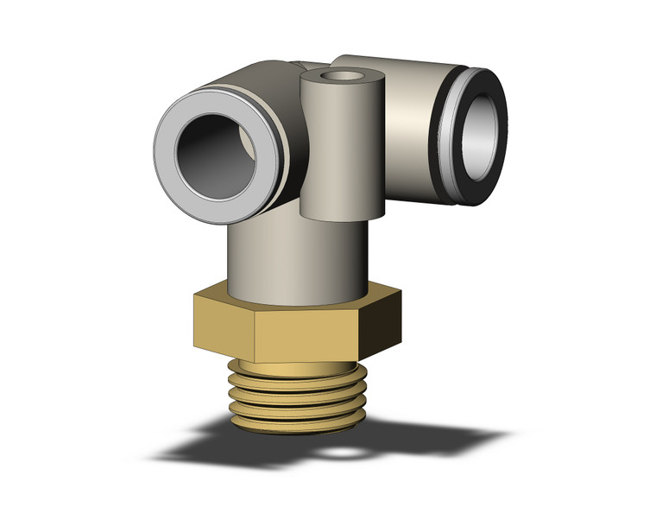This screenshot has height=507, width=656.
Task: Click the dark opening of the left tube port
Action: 214,147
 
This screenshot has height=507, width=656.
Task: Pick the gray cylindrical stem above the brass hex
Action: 293,259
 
